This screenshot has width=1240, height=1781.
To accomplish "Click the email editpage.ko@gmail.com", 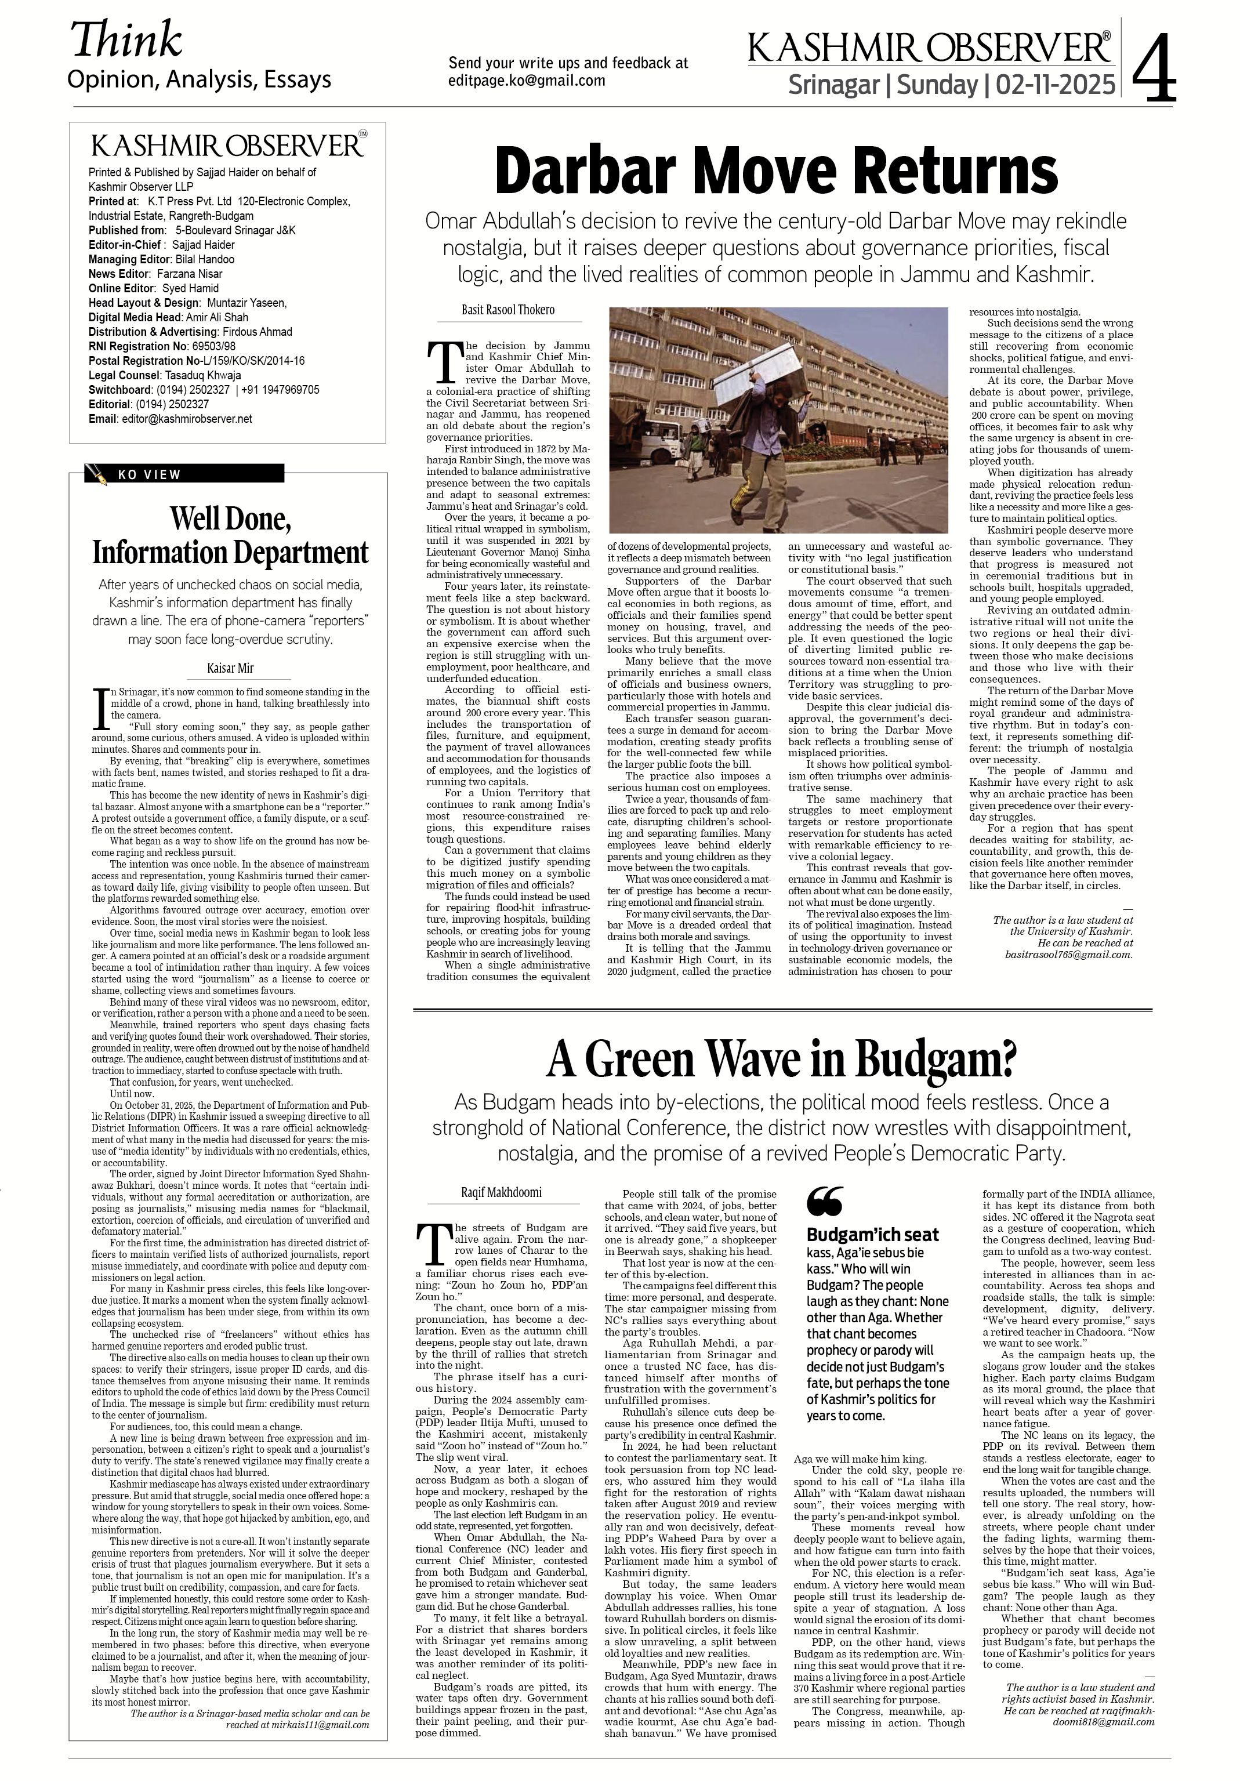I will (527, 80).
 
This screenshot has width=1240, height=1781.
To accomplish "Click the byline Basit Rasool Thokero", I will (508, 310).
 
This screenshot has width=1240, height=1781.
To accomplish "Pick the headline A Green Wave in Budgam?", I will (781, 1060).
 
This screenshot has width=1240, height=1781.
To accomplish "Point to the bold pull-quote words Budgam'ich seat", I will (873, 1235).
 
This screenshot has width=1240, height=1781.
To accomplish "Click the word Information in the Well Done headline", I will (161, 553).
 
